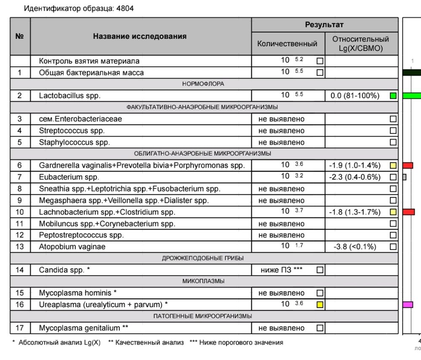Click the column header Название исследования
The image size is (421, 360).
click(140, 37)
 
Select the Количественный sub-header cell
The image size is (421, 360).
click(288, 43)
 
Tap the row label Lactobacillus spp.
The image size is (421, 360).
click(69, 96)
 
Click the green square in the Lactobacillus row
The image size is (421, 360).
click(393, 96)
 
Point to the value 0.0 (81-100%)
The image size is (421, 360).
click(354, 96)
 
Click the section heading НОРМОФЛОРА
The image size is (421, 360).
click(203, 84)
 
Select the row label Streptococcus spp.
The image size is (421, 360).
click(72, 131)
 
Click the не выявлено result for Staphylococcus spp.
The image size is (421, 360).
click(281, 143)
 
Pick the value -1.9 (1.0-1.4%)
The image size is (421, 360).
click(355, 166)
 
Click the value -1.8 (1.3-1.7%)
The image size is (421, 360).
click(355, 212)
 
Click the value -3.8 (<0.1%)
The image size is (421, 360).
click(355, 247)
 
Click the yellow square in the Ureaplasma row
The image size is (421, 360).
click(320, 304)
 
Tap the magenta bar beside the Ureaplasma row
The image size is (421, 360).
click(408, 304)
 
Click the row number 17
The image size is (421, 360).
click(20, 328)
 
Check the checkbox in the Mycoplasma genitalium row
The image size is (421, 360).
click(320, 328)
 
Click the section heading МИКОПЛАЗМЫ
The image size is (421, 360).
click(203, 281)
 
